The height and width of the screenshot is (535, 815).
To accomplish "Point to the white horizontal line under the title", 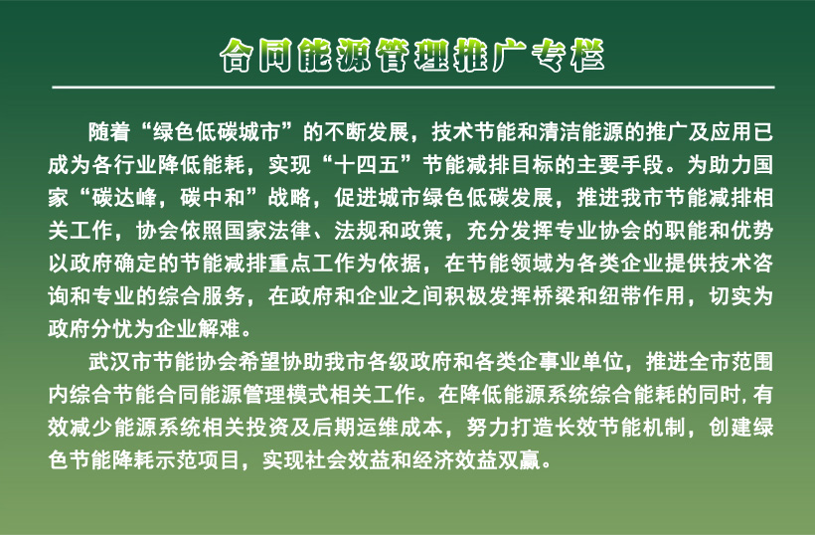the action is click(x=413, y=87).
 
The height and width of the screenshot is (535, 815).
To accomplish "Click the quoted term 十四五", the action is click(x=367, y=165).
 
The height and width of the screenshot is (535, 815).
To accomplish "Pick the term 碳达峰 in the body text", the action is click(x=124, y=198).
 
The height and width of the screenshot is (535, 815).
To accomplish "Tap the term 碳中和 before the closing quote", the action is click(x=213, y=198).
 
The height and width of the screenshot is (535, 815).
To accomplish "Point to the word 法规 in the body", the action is click(x=356, y=231).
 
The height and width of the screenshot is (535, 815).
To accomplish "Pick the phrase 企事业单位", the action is click(x=570, y=361).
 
